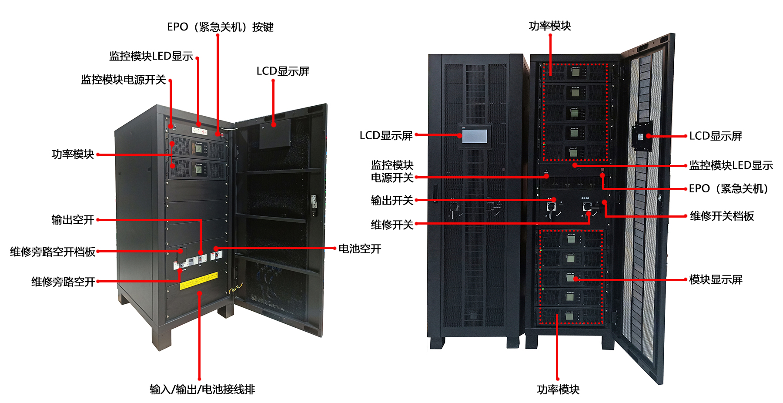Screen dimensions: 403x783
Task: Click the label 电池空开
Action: point(360,249)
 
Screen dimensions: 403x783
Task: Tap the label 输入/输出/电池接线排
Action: point(202,390)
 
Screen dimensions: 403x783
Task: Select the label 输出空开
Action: point(73,220)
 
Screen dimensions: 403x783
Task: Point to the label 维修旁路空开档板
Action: point(53,252)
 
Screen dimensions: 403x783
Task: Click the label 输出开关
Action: point(392,200)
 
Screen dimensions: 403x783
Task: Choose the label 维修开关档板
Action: point(722,216)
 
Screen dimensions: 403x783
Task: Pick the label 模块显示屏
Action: point(716,280)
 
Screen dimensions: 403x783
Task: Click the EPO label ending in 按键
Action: point(220,27)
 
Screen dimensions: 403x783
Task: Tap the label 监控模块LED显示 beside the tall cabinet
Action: point(731,165)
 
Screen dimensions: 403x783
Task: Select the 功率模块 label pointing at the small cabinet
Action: point(73,154)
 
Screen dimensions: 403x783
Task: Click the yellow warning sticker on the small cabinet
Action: point(199,281)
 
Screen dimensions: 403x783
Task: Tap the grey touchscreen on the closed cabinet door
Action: point(475,136)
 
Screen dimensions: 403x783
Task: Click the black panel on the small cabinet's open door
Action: point(275,134)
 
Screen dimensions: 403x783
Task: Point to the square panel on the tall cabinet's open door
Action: point(642,136)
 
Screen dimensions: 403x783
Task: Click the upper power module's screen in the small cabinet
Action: point(199,148)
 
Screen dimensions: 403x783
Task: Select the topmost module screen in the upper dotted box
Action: point(575,72)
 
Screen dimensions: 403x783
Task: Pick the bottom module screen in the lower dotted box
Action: point(569,317)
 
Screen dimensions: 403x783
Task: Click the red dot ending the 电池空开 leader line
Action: point(216,249)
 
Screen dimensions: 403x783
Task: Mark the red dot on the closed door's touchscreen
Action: point(460,135)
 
